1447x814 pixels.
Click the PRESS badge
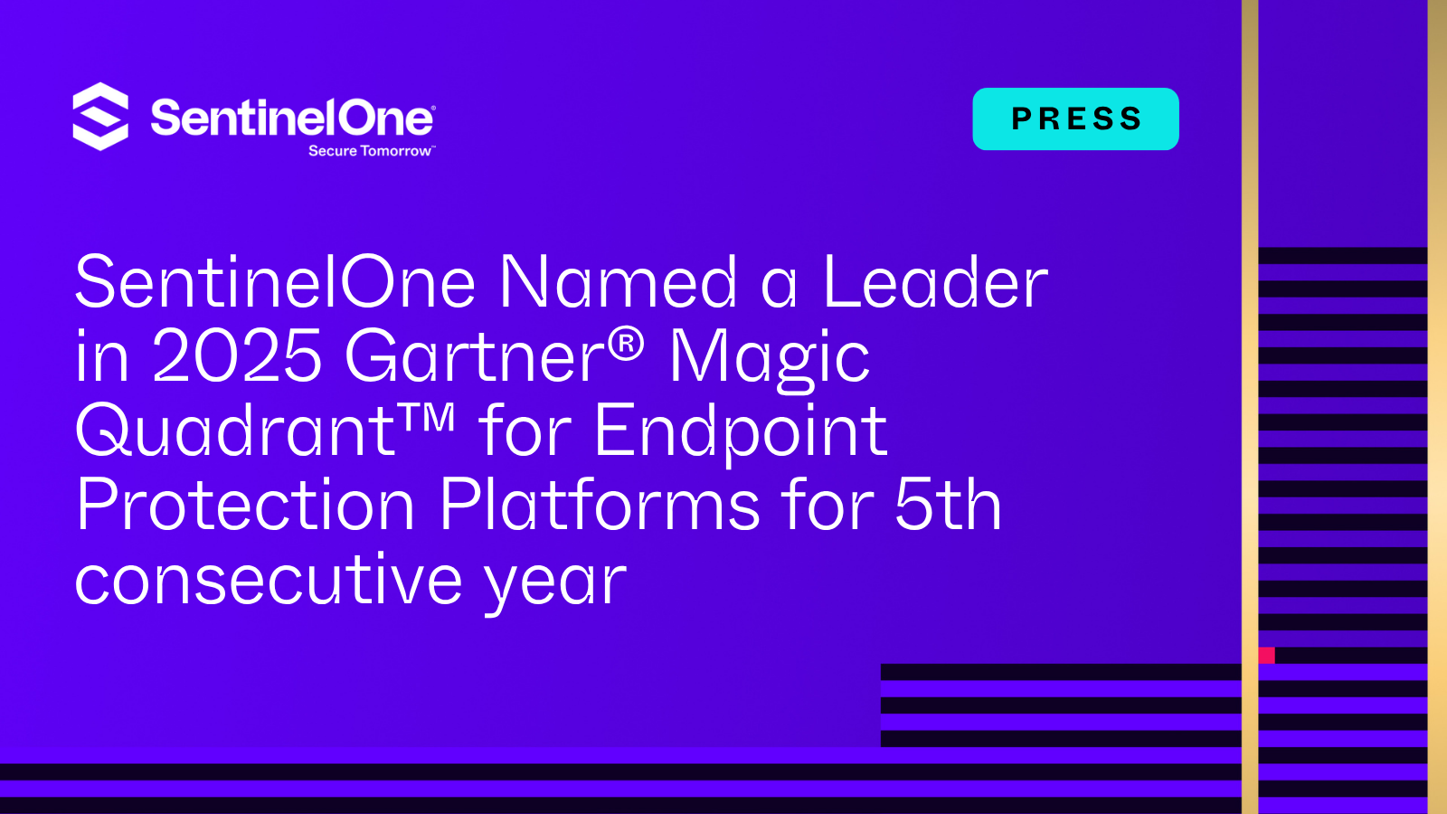pos(1075,118)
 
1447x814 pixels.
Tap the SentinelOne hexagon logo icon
pos(100,117)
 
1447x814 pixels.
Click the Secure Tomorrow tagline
pos(371,151)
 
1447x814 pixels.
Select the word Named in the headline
pos(619,283)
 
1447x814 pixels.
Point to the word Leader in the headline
pos(934,283)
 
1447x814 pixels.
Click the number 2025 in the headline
pos(237,356)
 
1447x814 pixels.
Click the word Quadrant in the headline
pos(235,431)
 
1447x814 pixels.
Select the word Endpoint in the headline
pos(740,432)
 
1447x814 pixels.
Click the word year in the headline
pos(555,582)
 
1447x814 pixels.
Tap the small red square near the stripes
pos(1266,656)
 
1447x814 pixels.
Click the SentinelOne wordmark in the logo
pos(292,118)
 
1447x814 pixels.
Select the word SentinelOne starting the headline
pos(275,283)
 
